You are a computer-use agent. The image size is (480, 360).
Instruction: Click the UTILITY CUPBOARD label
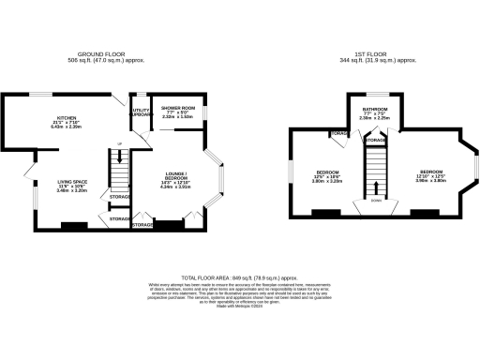(x=141, y=112)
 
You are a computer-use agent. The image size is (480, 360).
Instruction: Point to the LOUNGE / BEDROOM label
(x=175, y=178)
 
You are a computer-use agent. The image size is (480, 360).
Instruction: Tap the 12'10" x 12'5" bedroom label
(x=430, y=175)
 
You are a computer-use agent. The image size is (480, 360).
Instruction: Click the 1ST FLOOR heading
(x=380, y=54)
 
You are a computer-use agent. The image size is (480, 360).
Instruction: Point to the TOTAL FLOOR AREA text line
(x=239, y=278)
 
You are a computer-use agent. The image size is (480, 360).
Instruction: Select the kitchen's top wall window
(x=37, y=93)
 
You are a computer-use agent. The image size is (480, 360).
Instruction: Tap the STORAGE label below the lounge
(x=142, y=226)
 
